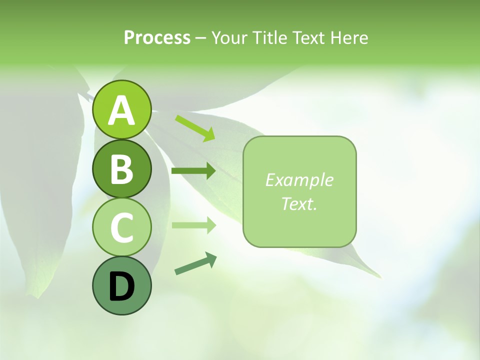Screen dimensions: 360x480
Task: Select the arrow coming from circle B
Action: point(193,171)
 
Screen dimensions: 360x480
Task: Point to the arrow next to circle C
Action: point(193,225)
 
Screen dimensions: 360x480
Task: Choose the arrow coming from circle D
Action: point(195,263)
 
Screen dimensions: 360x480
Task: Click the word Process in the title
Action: point(157,37)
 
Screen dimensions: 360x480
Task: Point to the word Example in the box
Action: point(299,180)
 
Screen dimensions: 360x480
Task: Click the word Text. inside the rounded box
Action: point(299,203)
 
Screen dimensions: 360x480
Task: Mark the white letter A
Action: point(121,111)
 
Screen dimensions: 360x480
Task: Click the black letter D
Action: point(121,287)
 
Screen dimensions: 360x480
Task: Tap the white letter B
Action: point(121,169)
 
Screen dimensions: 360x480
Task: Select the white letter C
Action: point(121,227)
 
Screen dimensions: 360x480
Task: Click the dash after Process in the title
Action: point(200,38)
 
